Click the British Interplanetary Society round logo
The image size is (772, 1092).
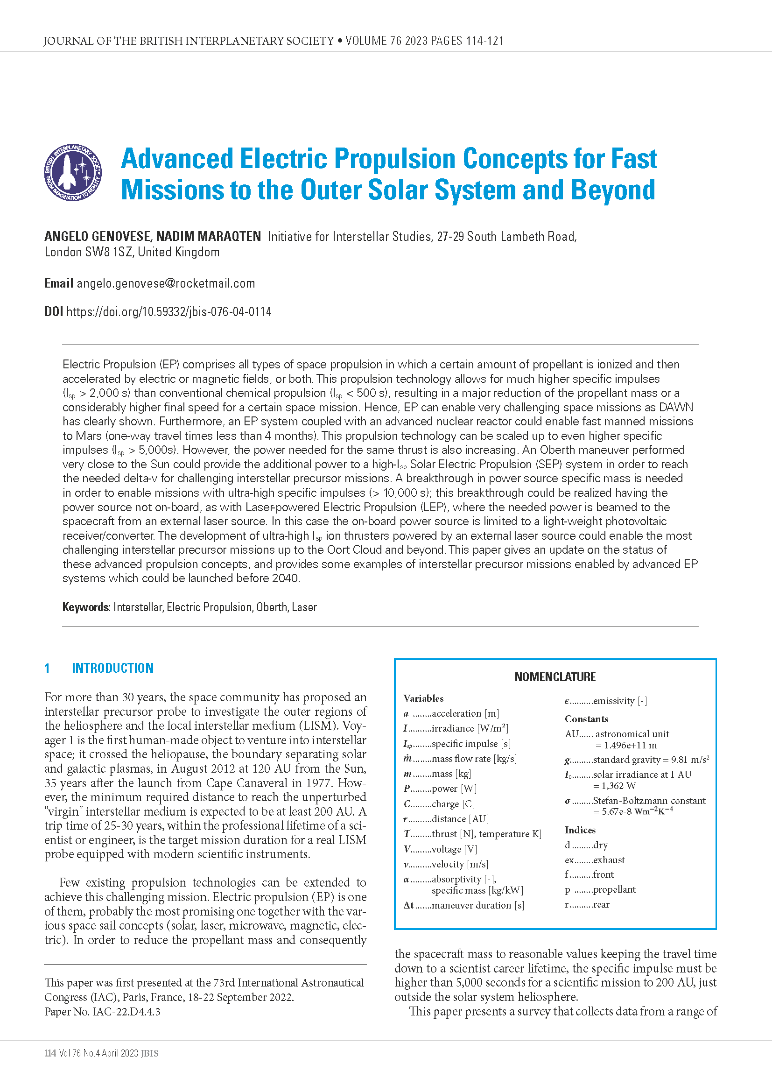click(73, 173)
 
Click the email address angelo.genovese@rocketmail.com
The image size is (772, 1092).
click(166, 283)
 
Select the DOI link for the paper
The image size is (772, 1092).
click(169, 312)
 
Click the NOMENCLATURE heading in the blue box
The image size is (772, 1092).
click(555, 677)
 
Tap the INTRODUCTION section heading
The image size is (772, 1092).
click(112, 668)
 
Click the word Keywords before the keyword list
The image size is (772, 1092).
click(86, 607)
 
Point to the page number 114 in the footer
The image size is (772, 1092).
click(50, 1053)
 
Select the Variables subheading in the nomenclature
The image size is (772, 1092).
click(423, 698)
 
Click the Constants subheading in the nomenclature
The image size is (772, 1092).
click(586, 719)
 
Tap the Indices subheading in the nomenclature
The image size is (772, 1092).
click(580, 830)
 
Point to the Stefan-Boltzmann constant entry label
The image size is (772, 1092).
click(649, 801)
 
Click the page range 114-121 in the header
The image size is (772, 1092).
click(484, 41)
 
